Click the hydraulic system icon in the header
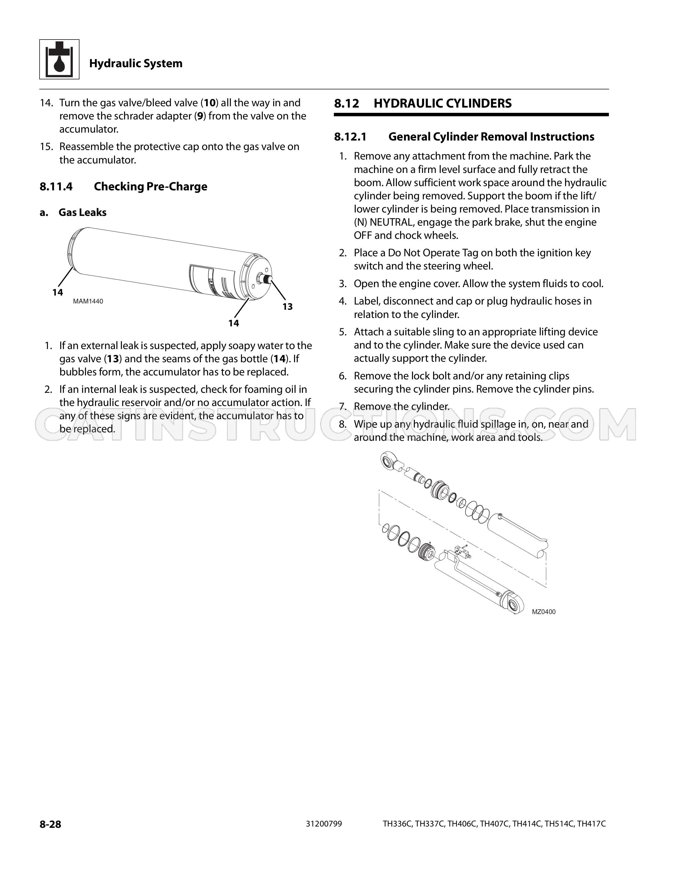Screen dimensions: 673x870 59,59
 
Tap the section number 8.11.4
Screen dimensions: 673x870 56,186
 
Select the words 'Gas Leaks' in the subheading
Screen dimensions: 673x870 83,212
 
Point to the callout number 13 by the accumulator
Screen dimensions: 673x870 287,306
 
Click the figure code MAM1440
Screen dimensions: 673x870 88,301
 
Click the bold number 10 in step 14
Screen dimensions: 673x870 210,103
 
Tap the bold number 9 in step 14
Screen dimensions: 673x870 200,116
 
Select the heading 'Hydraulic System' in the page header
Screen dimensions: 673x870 136,63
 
